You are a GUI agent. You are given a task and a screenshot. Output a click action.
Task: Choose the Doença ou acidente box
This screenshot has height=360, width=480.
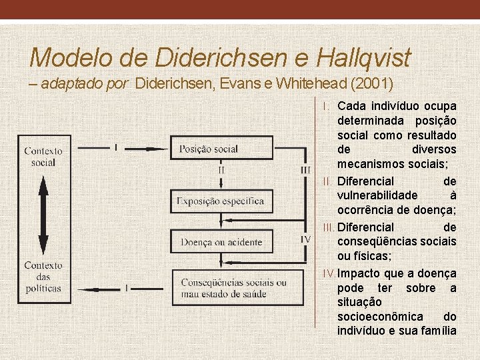coord(221,242)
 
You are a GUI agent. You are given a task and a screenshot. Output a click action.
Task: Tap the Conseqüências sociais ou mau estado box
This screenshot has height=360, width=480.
coord(233,288)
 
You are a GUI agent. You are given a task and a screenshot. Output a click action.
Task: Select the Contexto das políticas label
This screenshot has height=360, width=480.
coord(43,277)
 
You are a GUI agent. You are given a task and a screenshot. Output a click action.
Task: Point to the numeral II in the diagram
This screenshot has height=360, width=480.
coord(221,169)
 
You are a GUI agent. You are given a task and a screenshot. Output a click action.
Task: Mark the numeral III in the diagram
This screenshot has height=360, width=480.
coord(306,170)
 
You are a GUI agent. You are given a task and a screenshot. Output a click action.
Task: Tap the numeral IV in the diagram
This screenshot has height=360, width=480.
coord(305,238)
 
